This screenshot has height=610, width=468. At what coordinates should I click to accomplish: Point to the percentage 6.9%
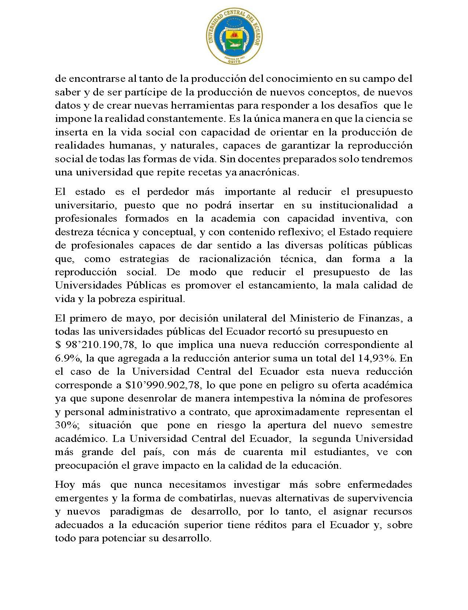[x=65, y=358]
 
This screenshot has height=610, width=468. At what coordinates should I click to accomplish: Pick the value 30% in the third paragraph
[x=66, y=425]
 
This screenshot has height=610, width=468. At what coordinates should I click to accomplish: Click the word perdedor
[x=168, y=192]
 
